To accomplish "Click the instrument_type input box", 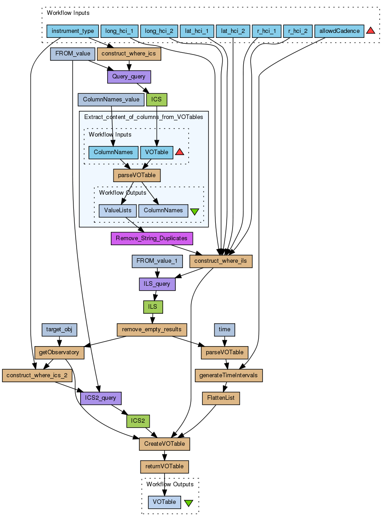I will click(x=73, y=31).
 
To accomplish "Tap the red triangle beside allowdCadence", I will click(x=371, y=31).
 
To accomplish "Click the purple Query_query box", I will click(x=129, y=77).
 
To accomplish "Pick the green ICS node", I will click(x=157, y=99).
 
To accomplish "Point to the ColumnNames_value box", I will click(x=111, y=99).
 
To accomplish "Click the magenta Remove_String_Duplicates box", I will click(x=152, y=238).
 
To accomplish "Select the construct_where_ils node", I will click(x=221, y=261).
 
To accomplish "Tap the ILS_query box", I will click(x=157, y=284).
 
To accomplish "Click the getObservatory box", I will click(x=59, y=352).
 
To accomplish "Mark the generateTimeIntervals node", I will click(x=228, y=375).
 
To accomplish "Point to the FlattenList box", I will click(x=221, y=398).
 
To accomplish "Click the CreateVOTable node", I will click(x=164, y=444).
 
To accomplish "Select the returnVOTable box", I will click(x=164, y=466).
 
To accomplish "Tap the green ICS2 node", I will click(x=138, y=421).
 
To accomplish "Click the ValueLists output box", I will click(x=118, y=210).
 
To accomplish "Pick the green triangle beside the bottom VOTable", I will click(x=189, y=503).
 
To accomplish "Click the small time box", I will click(x=224, y=329).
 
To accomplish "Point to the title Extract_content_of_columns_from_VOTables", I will click(x=144, y=117).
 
